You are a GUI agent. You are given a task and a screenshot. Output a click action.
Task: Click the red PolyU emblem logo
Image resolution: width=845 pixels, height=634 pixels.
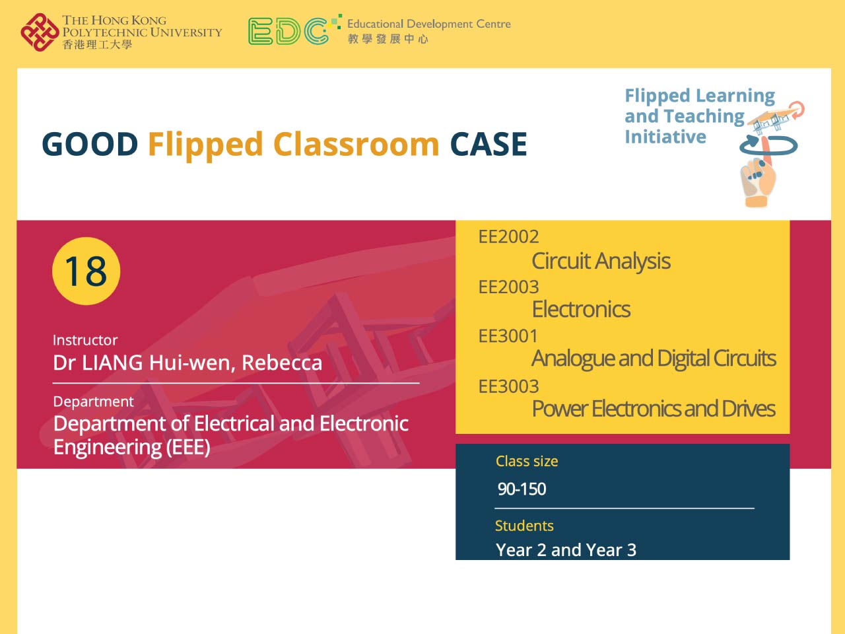point(39,32)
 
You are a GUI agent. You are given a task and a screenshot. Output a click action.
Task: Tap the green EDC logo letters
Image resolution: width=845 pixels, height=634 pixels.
point(288,31)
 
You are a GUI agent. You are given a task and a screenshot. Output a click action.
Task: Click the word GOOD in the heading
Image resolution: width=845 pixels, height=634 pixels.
point(90,145)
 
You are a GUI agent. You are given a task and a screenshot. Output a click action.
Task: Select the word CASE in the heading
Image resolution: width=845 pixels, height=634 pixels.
point(489,145)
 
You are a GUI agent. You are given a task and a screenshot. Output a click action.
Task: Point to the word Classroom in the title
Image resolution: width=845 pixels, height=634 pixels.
point(356,145)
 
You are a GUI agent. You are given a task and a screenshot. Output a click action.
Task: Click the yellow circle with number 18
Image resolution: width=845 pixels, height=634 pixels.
point(86,271)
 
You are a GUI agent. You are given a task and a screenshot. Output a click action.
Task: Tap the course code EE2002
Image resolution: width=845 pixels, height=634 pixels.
point(508,236)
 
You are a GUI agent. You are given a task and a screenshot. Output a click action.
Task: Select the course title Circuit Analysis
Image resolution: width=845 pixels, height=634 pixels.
point(601,261)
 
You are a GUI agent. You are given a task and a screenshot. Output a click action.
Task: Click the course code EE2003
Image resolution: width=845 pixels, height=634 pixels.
point(508,287)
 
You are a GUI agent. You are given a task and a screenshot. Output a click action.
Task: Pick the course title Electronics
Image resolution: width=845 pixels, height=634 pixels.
point(581,309)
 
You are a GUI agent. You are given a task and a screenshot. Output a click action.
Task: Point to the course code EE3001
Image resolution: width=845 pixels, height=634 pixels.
point(508,336)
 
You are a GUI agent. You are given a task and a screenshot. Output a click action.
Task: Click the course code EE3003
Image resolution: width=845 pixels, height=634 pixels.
point(508,386)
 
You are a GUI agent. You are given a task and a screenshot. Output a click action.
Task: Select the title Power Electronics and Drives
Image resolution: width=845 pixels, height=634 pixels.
point(654,409)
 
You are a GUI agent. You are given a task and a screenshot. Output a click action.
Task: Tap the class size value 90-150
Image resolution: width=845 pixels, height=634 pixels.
point(522,489)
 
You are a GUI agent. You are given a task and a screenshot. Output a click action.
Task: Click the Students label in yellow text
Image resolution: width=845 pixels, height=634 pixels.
point(524,526)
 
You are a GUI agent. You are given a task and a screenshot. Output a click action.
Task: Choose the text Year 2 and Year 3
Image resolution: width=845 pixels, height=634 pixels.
point(566,549)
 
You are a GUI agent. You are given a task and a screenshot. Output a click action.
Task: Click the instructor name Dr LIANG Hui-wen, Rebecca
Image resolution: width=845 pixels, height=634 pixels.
point(187,363)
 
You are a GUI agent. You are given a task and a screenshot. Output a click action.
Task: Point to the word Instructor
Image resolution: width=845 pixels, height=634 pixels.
point(85,340)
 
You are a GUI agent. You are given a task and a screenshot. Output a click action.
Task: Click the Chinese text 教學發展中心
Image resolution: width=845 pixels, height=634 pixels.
point(388,39)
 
